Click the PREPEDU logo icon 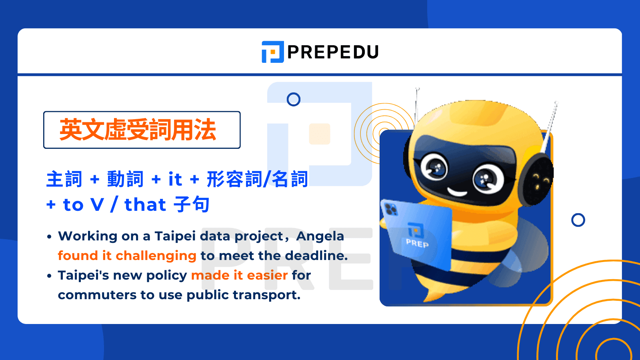coord(272,52)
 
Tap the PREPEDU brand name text coord(333,52)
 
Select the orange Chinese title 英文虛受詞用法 coord(138,130)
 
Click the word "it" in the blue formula coord(175,179)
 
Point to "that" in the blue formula coord(145,205)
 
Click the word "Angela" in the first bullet coord(320,236)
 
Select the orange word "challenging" coord(156,256)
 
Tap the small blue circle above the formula coord(294,99)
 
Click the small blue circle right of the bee coord(578,220)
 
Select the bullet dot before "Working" coord(49,237)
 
